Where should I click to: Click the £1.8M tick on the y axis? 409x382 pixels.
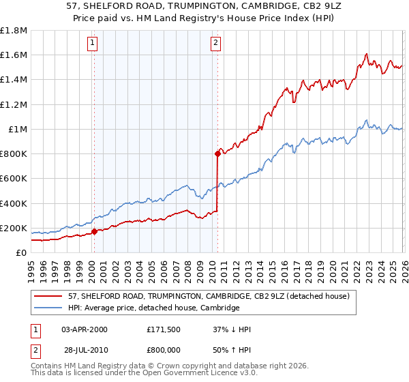[14, 31]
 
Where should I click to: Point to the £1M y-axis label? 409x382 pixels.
[18, 129]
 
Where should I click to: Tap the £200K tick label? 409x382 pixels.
[14, 228]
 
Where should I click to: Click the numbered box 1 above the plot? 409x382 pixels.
[93, 43]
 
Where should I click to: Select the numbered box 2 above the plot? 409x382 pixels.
[216, 43]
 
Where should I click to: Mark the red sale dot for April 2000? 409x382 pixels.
[94, 231]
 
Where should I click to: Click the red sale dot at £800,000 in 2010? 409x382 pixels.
[217, 153]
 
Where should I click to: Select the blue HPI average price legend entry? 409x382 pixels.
[153, 308]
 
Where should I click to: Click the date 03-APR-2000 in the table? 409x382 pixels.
[85, 329]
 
